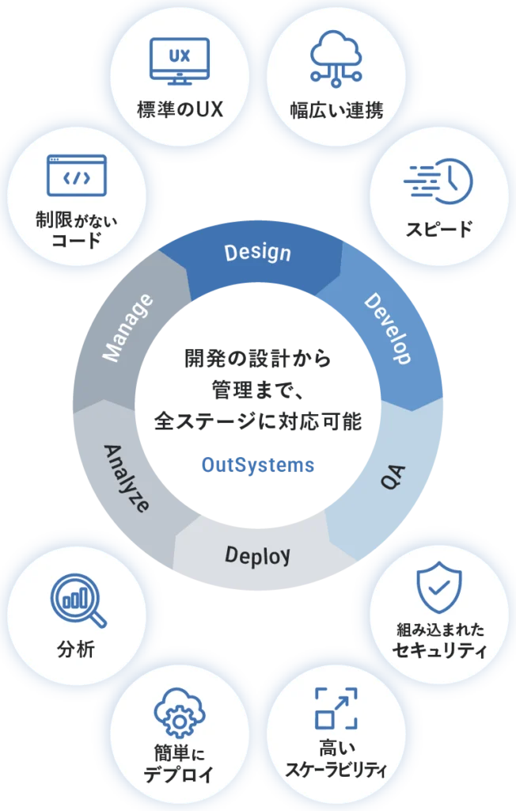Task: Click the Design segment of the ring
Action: (257, 253)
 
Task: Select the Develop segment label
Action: (387, 329)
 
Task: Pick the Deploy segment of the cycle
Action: (257, 555)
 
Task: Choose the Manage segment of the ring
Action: (127, 329)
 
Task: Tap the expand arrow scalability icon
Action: (336, 708)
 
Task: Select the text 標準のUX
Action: (179, 109)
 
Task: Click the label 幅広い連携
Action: (336, 110)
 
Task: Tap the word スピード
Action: (439, 230)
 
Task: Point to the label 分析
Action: (76, 650)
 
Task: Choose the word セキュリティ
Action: (440, 652)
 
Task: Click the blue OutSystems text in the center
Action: (258, 465)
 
